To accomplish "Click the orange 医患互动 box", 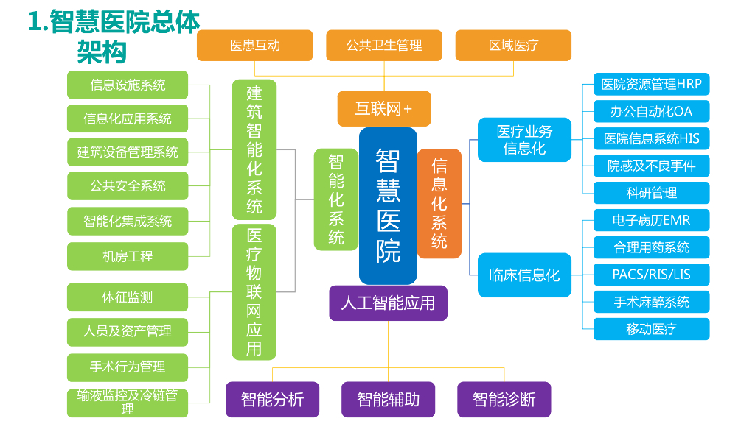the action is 254,45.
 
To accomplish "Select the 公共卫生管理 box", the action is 383,45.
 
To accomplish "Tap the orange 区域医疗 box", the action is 513,45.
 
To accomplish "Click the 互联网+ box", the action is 383,109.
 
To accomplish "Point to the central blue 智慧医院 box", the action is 388,206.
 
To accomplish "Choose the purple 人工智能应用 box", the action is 388,303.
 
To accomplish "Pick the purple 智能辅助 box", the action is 388,399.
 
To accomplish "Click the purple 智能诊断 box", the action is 504,399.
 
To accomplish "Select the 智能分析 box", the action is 273,399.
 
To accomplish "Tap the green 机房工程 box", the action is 128,256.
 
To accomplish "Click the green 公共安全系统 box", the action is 128,185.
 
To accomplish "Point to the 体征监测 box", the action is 128,297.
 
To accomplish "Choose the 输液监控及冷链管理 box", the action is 128,403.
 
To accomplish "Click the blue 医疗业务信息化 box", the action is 524,139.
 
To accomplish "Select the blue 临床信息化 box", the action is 524,275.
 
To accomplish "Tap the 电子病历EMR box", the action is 652,220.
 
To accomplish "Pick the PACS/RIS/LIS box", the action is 652,275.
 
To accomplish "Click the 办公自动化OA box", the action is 652,112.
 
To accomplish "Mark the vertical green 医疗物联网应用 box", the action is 254,291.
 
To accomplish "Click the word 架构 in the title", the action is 102,52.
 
